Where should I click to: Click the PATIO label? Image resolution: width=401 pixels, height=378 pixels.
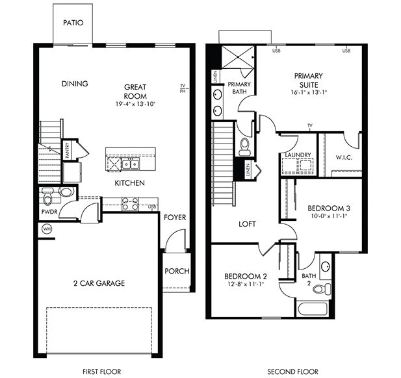tap(73, 23)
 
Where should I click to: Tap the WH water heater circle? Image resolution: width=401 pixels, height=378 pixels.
tap(47, 229)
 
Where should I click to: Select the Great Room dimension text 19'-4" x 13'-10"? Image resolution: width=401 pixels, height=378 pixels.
tap(135, 104)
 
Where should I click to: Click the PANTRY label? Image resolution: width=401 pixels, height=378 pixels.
tap(67, 150)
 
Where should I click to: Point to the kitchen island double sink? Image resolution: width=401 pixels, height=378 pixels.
tap(131, 164)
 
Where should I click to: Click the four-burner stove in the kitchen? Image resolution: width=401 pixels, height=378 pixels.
tap(130, 204)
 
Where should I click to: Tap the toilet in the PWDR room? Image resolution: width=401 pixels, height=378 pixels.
tap(47, 196)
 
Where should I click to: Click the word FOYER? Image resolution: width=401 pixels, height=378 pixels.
tap(175, 218)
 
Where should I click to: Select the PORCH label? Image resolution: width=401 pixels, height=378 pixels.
tap(177, 271)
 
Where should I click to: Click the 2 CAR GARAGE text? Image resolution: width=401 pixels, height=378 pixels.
tap(99, 283)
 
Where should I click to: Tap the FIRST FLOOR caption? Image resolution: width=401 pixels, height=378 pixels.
tap(102, 372)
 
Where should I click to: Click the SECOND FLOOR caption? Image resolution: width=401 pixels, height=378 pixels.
tap(293, 372)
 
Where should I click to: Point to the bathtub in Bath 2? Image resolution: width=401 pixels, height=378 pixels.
tap(312, 309)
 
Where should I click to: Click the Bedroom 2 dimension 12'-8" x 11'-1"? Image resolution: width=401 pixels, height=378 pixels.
tap(246, 284)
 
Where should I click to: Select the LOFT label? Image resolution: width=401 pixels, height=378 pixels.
tap(247, 224)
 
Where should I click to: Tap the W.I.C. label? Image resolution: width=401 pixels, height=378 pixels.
tap(344, 157)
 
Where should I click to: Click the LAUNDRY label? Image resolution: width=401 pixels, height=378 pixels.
tap(298, 155)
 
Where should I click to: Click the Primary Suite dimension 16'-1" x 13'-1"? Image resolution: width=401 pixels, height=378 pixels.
tap(309, 92)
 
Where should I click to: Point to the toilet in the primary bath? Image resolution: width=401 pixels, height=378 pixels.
tap(244, 147)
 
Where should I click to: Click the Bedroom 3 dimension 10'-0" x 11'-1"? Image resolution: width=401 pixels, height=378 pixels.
tap(329, 216)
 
